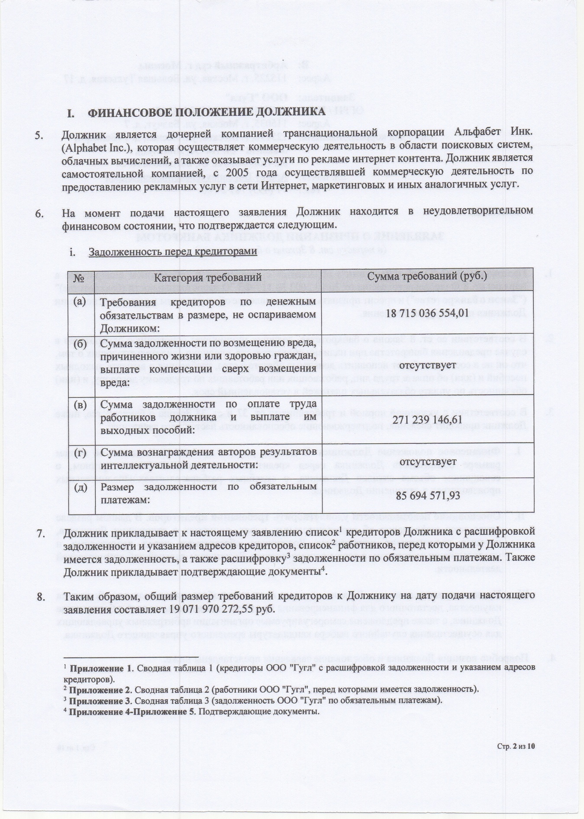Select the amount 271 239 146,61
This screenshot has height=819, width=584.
click(x=427, y=420)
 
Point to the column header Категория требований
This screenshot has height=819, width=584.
click(x=208, y=276)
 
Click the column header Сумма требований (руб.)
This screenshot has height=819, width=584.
click(x=427, y=276)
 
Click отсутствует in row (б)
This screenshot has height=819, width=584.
click(x=427, y=366)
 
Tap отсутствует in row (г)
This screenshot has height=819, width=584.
click(x=427, y=462)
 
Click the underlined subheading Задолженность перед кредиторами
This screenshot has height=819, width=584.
click(x=173, y=252)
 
